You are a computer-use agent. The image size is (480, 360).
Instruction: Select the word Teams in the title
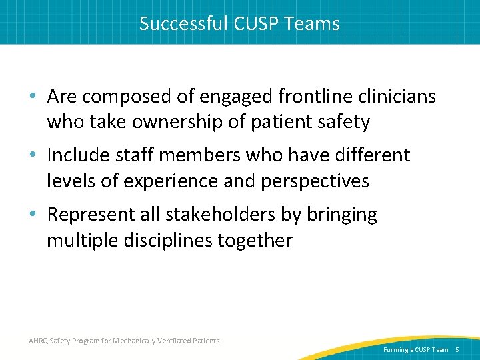[313, 24]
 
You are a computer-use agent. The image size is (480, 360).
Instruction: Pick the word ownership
[177, 122]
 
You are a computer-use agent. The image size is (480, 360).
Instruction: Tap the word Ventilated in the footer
[174, 341]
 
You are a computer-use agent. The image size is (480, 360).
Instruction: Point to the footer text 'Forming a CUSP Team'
[416, 349]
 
